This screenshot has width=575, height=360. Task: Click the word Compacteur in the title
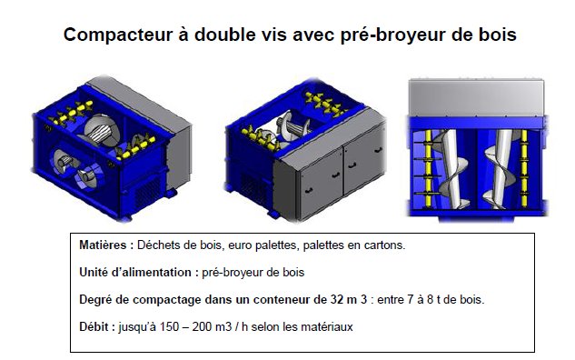coord(118,35)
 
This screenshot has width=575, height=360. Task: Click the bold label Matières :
coord(106,245)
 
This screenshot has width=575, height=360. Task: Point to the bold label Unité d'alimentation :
coord(139,273)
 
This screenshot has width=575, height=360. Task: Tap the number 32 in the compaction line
coord(337,299)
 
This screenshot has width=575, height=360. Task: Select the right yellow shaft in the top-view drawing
coord(524,168)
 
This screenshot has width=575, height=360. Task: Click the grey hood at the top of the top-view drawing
coord(476,97)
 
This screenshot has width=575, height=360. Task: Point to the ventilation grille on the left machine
coord(148,195)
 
